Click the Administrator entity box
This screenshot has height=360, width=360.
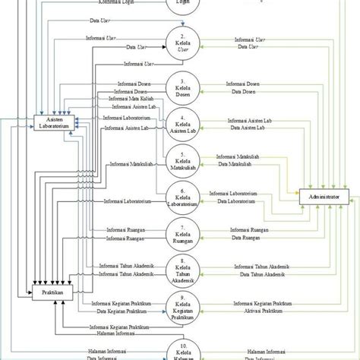tap(324, 196)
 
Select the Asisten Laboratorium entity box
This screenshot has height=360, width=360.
tap(50, 122)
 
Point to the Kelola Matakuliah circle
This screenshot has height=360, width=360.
tap(182, 163)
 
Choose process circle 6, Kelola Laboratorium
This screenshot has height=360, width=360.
tap(182, 201)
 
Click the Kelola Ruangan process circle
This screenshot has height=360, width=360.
tap(182, 232)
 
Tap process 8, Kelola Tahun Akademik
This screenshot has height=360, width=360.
tap(182, 270)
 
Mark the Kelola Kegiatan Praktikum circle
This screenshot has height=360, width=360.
tap(182, 308)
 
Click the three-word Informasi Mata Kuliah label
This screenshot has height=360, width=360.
tap(128, 99)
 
